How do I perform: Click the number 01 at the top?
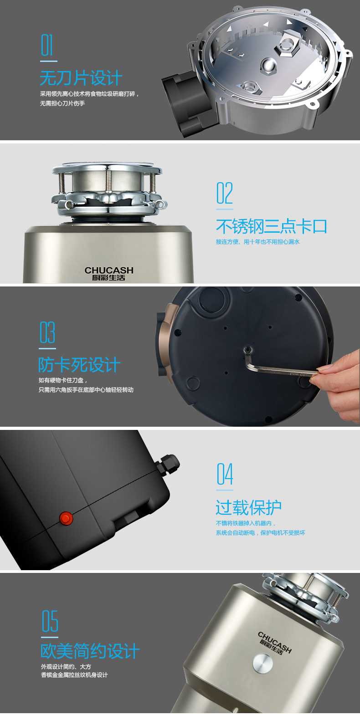(47, 46)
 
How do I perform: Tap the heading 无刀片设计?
(81, 78)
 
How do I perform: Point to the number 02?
(224, 193)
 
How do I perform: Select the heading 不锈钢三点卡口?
(271, 226)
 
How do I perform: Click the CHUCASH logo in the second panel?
(109, 273)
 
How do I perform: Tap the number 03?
(47, 333)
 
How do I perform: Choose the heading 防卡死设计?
(79, 365)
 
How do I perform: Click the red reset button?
(66, 518)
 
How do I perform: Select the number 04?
(225, 475)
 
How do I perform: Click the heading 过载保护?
(248, 507)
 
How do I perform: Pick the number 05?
(50, 621)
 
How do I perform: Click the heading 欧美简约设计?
(90, 651)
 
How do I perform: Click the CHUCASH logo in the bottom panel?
(275, 642)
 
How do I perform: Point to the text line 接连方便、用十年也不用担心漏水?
(257, 242)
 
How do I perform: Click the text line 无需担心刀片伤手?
(62, 103)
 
